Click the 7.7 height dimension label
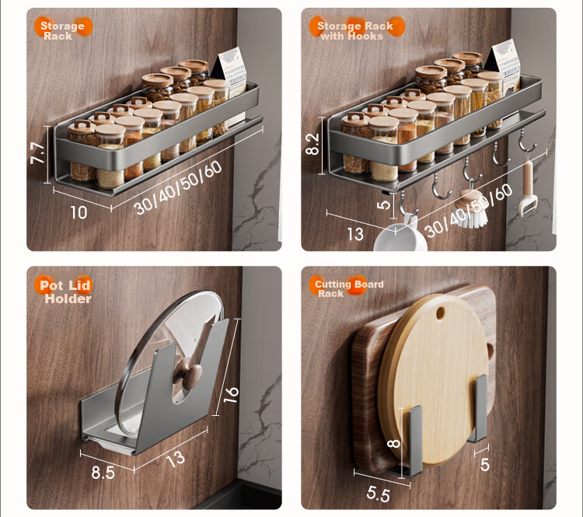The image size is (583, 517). (x=38, y=153)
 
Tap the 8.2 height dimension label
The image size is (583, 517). (x=312, y=144)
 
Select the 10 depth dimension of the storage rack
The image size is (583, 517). (x=79, y=212)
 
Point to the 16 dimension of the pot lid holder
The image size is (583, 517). (x=232, y=394)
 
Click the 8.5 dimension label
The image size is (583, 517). (x=103, y=473)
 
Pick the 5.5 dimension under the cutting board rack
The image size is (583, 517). (x=378, y=494)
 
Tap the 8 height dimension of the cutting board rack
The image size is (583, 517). (x=393, y=443)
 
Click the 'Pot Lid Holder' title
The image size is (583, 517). (x=66, y=292)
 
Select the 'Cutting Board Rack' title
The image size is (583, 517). (x=349, y=288)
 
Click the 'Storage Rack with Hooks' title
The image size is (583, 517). (x=354, y=31)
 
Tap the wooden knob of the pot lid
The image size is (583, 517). (x=190, y=374)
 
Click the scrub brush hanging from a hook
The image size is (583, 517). (x=472, y=209)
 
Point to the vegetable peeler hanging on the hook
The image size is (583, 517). (x=528, y=188)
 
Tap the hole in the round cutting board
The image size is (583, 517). (x=440, y=313)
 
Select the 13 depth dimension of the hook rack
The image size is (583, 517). (x=355, y=234)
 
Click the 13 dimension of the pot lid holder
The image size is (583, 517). (x=176, y=459)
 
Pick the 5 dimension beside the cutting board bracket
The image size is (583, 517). (x=485, y=465)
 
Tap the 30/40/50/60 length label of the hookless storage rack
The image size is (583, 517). (x=178, y=188)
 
